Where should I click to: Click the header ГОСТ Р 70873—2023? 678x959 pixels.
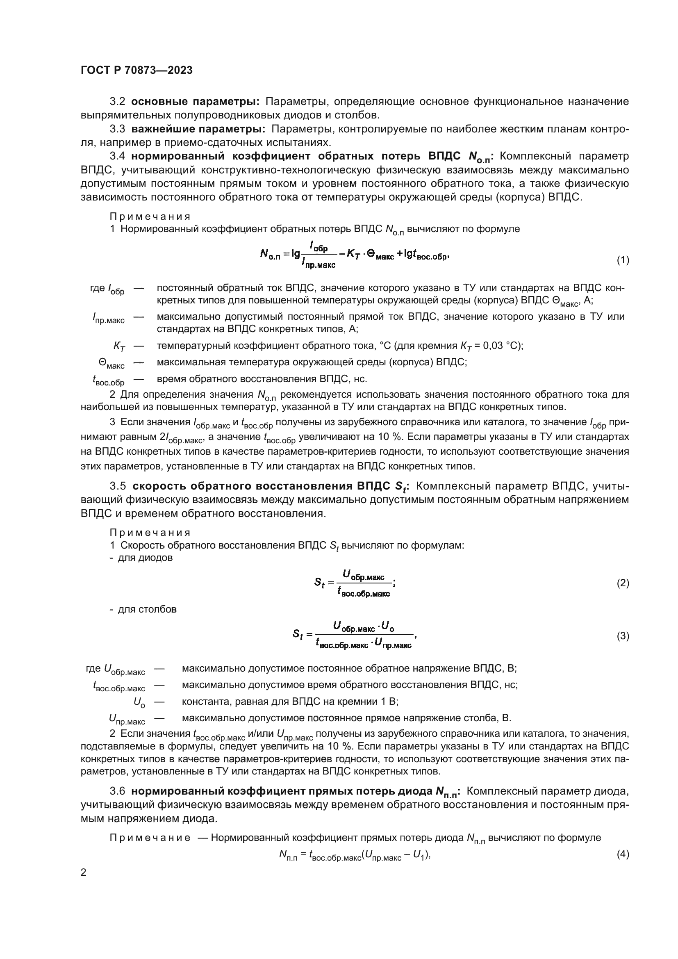(x=137, y=70)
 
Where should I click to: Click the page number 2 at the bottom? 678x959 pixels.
(x=84, y=872)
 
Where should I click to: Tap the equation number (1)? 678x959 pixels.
(x=623, y=260)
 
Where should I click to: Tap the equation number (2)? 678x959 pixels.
(x=623, y=583)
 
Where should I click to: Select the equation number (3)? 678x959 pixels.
(x=623, y=636)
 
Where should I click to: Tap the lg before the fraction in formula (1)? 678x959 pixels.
(x=296, y=253)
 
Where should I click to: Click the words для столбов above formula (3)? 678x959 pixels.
(x=147, y=609)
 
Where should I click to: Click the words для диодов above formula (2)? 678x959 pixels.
(x=145, y=558)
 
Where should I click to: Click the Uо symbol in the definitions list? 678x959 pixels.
(x=139, y=702)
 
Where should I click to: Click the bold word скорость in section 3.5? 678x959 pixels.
(x=159, y=486)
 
